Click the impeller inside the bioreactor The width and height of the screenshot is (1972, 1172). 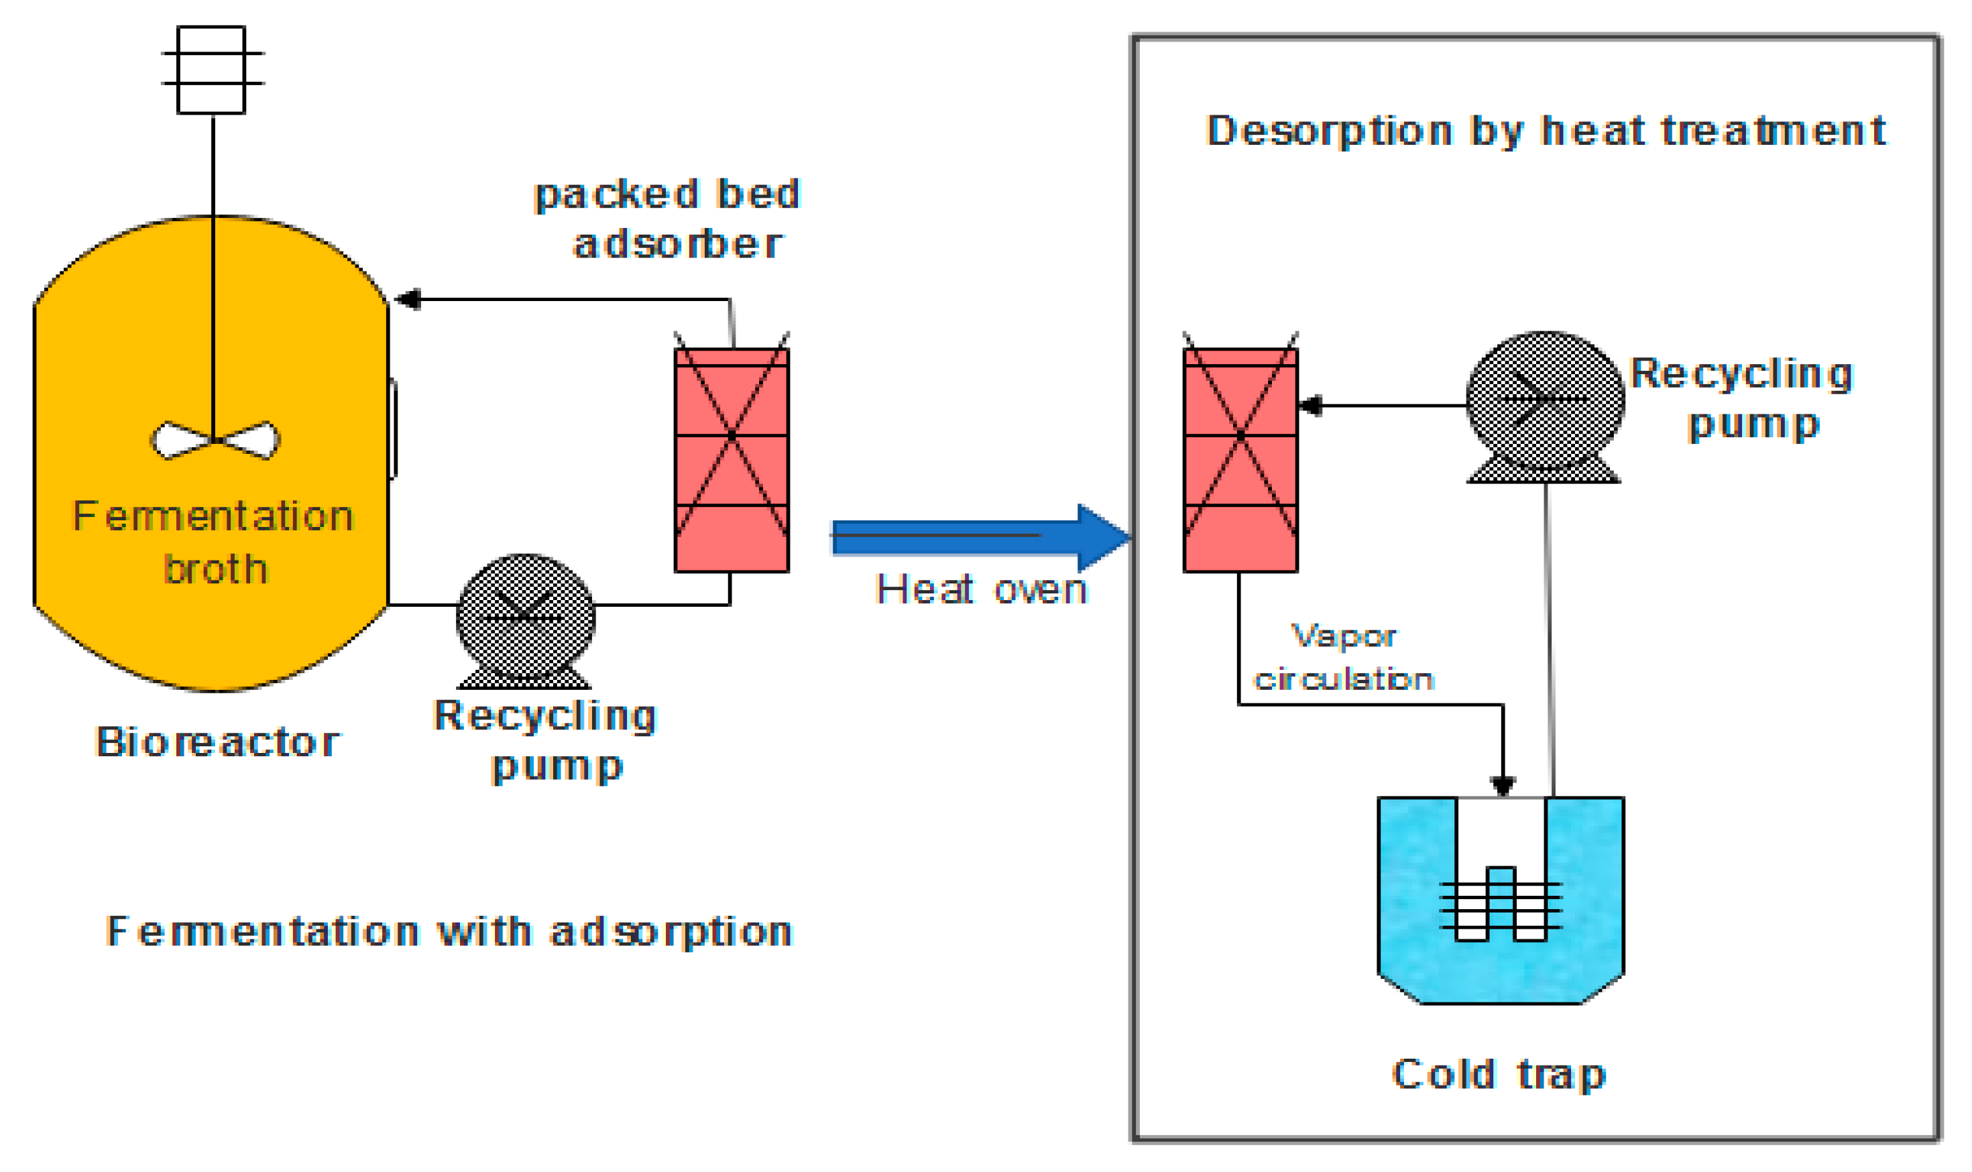click(x=214, y=441)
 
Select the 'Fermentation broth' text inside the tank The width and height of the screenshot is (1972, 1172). click(x=213, y=542)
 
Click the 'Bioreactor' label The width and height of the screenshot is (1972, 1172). click(x=217, y=742)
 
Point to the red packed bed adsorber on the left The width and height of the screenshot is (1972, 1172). click(x=732, y=460)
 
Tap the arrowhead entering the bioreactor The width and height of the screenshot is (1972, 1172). click(x=408, y=299)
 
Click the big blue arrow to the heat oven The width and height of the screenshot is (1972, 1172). click(x=979, y=537)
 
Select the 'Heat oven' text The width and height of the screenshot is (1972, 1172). click(x=981, y=590)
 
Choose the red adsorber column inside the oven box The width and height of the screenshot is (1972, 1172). click(x=1240, y=460)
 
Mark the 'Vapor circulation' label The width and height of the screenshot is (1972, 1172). click(x=1342, y=658)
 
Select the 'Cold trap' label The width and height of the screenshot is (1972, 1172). click(x=1498, y=1075)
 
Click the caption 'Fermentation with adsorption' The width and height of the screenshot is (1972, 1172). click(x=449, y=932)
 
